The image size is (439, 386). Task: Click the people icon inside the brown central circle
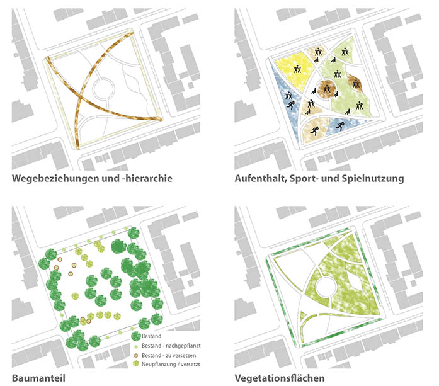[x=327, y=89]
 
